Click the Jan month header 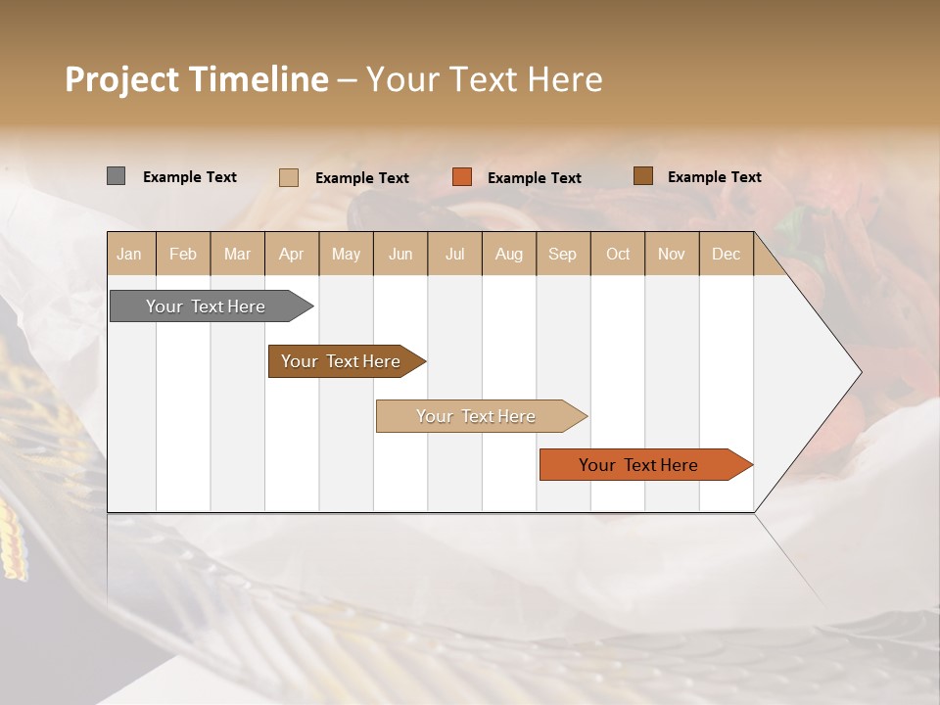(x=129, y=254)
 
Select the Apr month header (x=291, y=254)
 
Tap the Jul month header (x=454, y=254)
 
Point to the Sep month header (x=562, y=254)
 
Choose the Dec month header (x=726, y=254)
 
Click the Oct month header (x=618, y=254)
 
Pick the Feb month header (x=183, y=254)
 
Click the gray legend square (x=116, y=176)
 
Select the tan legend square (x=288, y=177)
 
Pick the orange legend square (x=462, y=177)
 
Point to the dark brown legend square (x=642, y=176)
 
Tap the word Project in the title (x=120, y=79)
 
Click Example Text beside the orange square (x=534, y=177)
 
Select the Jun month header (x=400, y=254)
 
